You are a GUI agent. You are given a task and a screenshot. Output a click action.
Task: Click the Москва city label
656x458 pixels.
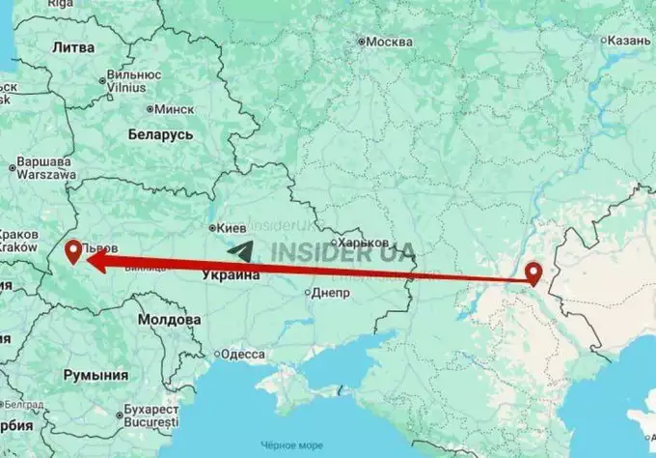[389, 42]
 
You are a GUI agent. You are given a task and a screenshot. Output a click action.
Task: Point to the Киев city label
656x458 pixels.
[234, 228]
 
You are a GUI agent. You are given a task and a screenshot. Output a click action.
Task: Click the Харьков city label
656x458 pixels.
[364, 242]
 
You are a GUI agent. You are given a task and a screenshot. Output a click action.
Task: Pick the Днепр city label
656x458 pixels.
[330, 293]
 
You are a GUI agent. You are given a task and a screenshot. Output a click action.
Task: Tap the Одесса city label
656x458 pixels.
[242, 355]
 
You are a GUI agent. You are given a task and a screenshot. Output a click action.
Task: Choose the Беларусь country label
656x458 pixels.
[162, 135]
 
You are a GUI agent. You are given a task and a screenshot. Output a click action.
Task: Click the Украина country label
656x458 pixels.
[232, 275]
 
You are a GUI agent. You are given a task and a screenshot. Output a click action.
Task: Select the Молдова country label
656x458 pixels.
[170, 318]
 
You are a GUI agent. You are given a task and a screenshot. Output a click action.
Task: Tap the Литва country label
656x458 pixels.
[72, 46]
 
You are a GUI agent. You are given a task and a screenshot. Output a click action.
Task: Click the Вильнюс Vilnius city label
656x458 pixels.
[133, 78]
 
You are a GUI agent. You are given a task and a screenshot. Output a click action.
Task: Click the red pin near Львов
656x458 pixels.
[71, 253]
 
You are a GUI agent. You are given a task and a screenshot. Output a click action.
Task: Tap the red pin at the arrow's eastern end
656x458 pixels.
[534, 273]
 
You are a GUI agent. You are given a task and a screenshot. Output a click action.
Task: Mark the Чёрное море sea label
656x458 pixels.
[296, 445]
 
